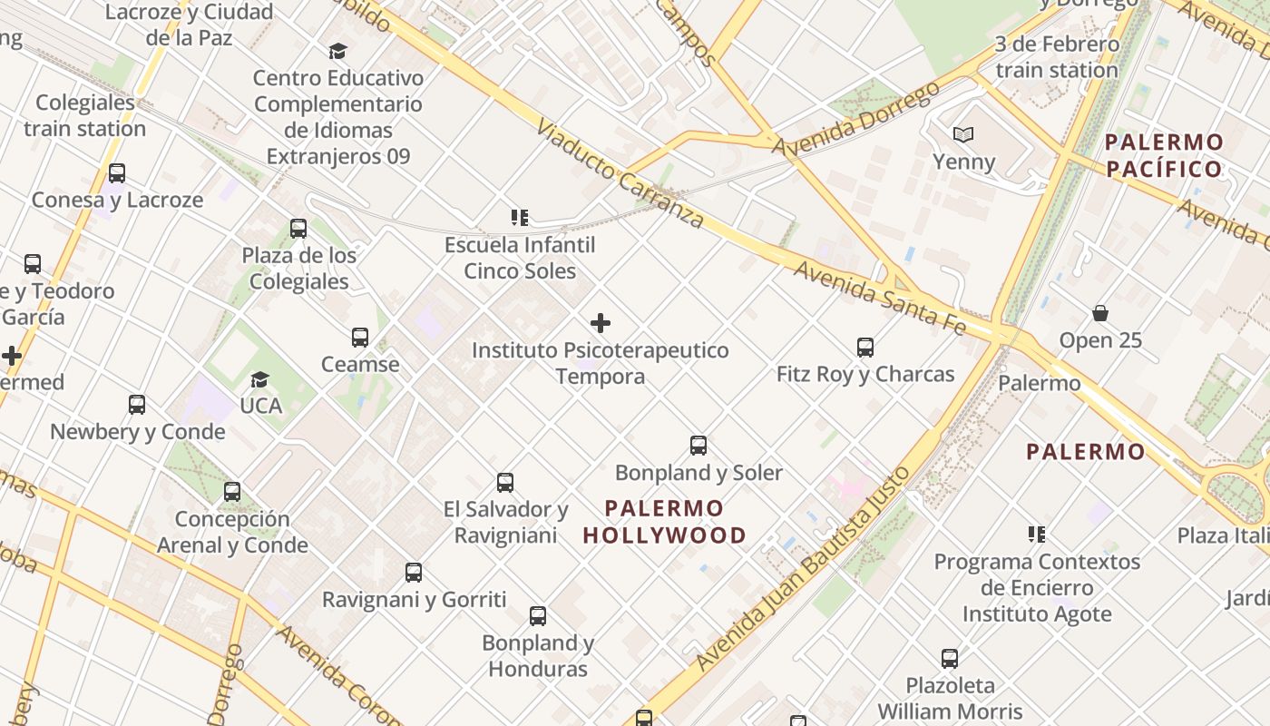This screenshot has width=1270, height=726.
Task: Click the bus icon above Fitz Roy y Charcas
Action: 865,347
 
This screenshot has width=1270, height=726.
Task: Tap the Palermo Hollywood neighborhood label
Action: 664,522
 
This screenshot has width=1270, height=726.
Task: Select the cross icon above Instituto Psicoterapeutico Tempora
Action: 600,323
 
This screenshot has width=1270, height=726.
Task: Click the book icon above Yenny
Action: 963,135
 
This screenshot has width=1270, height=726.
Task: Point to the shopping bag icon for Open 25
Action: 1100,313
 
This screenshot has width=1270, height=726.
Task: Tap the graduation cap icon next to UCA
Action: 260,379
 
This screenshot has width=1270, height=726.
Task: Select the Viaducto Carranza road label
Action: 620,172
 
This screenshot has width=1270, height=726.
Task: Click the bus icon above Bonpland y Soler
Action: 698,446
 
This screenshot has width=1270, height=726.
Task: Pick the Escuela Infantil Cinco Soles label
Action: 520,258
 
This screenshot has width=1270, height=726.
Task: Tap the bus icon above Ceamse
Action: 360,338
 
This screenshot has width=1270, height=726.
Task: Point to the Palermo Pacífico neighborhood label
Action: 1164,155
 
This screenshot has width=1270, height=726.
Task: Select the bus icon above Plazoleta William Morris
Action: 950,658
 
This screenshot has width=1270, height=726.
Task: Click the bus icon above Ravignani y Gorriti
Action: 414,573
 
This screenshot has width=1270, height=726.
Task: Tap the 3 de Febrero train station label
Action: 1057,56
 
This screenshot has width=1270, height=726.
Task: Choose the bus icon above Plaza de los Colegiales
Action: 298,229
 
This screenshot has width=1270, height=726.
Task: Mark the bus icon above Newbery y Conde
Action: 137,405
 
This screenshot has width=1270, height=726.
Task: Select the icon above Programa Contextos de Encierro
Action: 1036,535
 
